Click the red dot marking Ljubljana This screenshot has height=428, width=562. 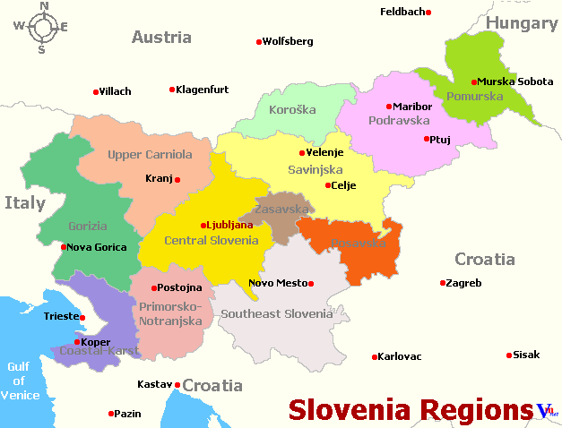[204, 226]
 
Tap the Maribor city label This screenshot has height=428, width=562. [412, 107]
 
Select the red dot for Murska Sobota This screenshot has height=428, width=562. [474, 82]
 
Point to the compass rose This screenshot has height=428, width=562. [41, 27]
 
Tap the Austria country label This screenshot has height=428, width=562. [161, 38]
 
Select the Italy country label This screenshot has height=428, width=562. [24, 203]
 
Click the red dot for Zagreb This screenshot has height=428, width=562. [443, 283]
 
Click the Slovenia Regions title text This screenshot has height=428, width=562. [410, 410]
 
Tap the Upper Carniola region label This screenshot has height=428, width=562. [150, 155]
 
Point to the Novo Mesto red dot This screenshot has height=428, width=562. [311, 284]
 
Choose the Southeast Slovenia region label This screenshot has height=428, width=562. [276, 313]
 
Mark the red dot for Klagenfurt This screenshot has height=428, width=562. [172, 90]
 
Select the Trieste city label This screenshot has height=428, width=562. [60, 317]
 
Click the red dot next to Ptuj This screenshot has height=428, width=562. [426, 139]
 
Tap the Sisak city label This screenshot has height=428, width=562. [526, 355]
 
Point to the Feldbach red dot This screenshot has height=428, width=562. [428, 13]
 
